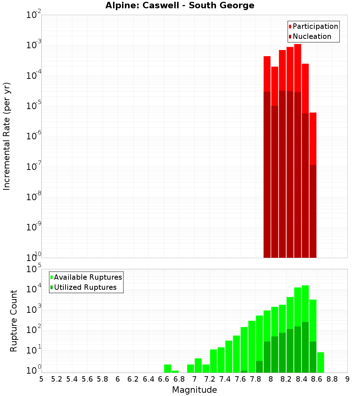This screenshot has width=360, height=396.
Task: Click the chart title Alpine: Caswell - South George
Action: tap(180, 6)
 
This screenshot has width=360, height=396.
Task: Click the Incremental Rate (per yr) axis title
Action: tap(7, 136)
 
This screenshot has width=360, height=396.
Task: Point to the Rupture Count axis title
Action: tap(14, 321)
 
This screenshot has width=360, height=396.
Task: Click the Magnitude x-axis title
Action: tap(194, 390)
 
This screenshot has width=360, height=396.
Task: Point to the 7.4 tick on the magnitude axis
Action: tap(225, 379)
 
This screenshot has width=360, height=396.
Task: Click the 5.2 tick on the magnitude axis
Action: tap(57, 379)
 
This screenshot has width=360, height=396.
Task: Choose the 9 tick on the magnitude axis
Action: tap(347, 379)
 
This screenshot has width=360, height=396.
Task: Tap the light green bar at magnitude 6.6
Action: tap(167, 369)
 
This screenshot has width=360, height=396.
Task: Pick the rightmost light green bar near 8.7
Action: tap(320, 363)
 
